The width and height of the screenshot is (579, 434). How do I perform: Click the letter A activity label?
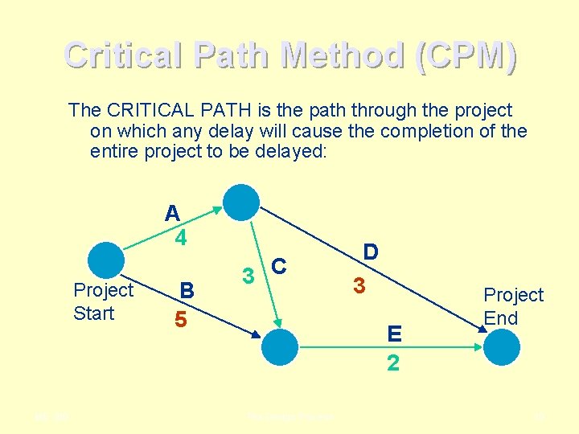point(172,213)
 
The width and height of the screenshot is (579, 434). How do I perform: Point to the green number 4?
point(182,238)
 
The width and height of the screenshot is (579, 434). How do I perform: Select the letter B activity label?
point(187,289)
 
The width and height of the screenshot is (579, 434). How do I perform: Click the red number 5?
point(182,319)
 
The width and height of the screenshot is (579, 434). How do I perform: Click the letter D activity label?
point(371,252)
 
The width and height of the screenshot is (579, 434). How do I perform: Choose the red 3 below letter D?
point(360,285)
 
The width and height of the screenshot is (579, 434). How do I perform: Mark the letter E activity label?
point(393,332)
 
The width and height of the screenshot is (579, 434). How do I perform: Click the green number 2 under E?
point(392,362)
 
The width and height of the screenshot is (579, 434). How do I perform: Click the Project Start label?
point(103,301)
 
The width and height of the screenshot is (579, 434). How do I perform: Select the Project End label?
point(513,306)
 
